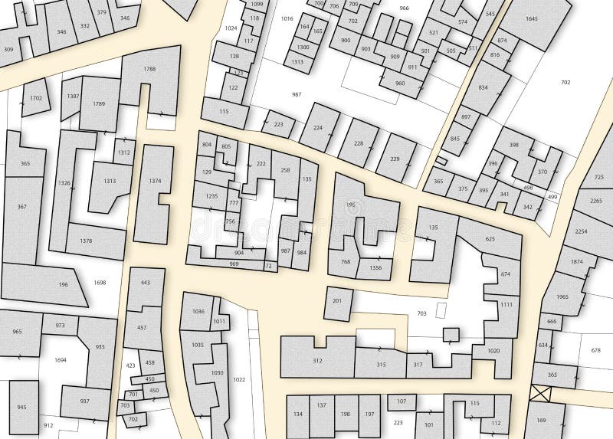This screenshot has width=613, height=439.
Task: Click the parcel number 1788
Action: pos(149,70)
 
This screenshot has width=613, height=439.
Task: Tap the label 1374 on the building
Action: pos(156,181)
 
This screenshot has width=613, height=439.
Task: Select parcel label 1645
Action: pos(532,18)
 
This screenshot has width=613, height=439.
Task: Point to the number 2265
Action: pos(595,201)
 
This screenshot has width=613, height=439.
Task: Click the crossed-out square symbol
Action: pos(540,394)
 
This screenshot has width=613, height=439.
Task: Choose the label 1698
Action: pos(100,283)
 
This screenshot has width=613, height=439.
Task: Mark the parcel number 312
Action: pos(317,361)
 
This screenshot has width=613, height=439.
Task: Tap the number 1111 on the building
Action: pos(506,304)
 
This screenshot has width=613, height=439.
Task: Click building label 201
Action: pos(337,301)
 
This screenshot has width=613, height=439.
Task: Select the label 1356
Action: pos(375,267)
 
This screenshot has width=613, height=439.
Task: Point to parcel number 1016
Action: pos(287,18)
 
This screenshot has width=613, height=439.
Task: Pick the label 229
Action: pos(394,159)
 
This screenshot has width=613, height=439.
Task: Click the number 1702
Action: pos(36,99)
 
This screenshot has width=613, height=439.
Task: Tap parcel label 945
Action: pos(21,407)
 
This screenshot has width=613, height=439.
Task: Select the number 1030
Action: pos(217,373)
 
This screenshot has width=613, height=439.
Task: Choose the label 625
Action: pos(490,239)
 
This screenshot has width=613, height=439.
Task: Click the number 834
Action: pos(483,88)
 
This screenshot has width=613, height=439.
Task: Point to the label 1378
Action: pos(86,241)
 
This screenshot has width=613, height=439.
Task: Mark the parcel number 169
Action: pos(541,420)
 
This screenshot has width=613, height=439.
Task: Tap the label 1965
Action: pos(562,296)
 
